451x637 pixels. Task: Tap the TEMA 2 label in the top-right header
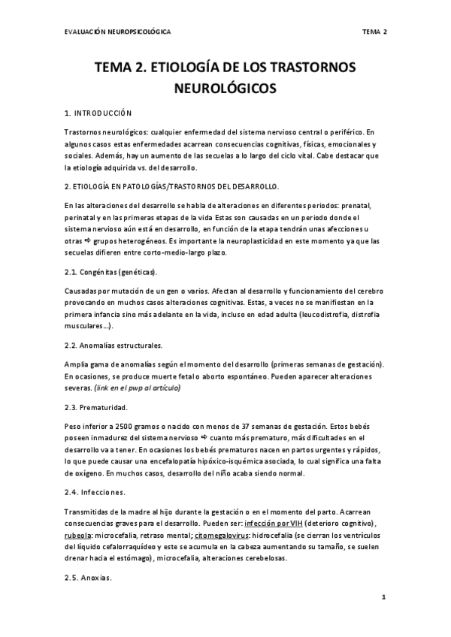pyautogui.click(x=374, y=32)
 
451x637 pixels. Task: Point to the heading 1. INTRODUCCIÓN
pyautogui.click(x=98, y=113)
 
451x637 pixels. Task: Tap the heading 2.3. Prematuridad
pyautogui.click(x=95, y=407)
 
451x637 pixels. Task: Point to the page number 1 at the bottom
pyautogui.click(x=383, y=599)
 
